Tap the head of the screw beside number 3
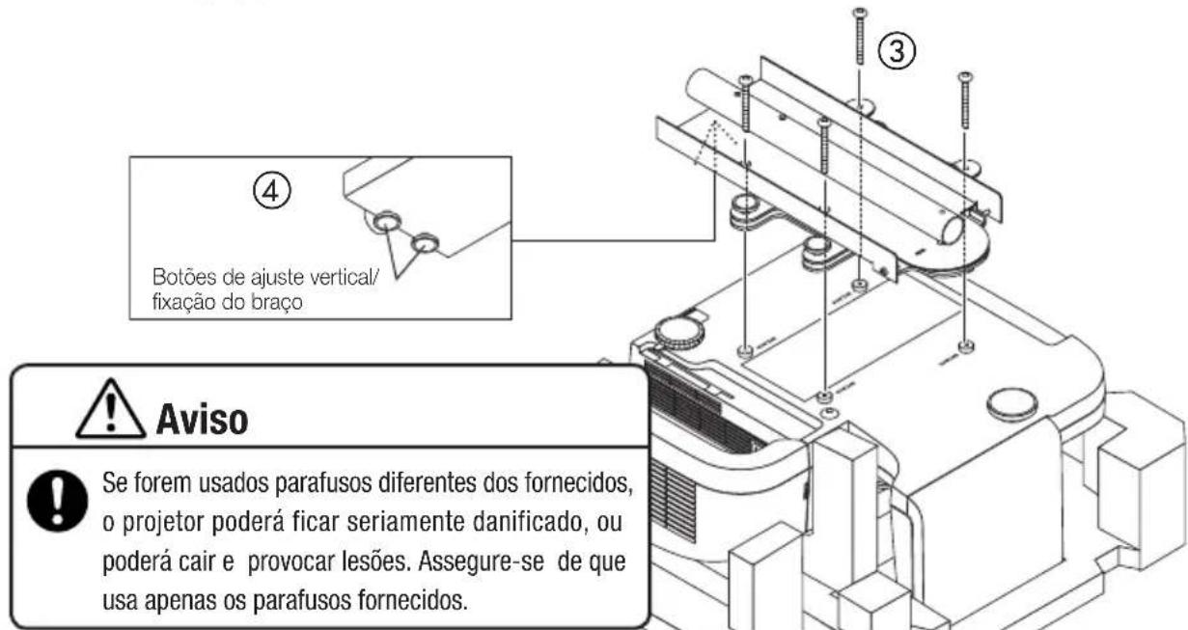pos(859,11)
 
